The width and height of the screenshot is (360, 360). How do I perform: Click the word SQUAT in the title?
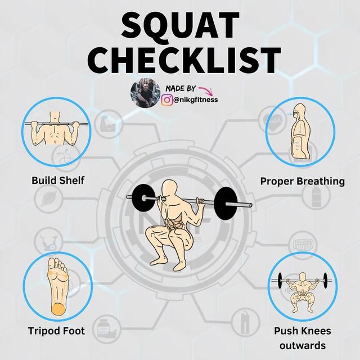[180, 25]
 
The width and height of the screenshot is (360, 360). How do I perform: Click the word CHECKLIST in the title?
[184, 60]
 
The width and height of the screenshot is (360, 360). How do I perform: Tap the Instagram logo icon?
[168, 100]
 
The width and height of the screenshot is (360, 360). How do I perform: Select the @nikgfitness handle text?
[196, 100]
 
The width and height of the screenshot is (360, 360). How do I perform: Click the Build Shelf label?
[58, 181]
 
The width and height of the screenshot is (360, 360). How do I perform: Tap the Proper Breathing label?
[303, 181]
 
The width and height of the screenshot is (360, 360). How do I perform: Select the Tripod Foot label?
[56, 331]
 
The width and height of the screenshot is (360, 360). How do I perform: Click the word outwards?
[303, 345]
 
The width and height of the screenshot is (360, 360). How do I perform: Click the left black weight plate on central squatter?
[143, 198]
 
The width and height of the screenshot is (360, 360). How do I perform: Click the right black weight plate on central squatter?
[226, 204]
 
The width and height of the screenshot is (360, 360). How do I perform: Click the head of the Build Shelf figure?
[55, 116]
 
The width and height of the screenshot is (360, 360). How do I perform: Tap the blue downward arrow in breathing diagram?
[300, 129]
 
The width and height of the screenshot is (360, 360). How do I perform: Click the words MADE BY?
[181, 88]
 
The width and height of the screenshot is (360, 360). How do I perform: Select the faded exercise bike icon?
[48, 242]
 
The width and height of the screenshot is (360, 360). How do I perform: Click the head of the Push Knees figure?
[303, 276]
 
